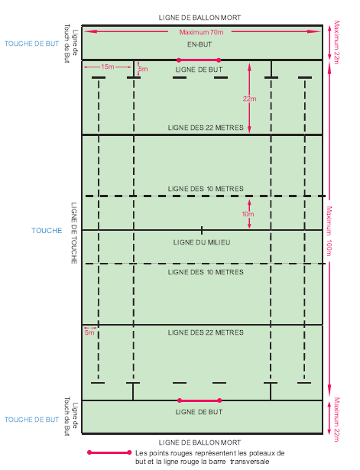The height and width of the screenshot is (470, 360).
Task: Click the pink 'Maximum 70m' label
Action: pyautogui.click(x=201, y=32)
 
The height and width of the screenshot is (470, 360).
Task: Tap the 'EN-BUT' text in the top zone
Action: pyautogui.click(x=199, y=44)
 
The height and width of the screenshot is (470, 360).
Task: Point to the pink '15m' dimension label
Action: pyautogui.click(x=107, y=66)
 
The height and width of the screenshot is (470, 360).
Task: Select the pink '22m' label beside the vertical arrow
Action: pyautogui.click(x=249, y=99)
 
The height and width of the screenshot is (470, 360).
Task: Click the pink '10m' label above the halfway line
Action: pyautogui.click(x=248, y=214)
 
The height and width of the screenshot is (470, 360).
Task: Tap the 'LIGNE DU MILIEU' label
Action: pyautogui.click(x=202, y=242)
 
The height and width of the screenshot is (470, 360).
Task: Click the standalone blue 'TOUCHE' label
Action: pyautogui.click(x=47, y=231)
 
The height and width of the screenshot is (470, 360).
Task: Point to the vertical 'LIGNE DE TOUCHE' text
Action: pyautogui.click(x=73, y=233)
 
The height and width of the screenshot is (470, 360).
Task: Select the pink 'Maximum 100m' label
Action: pyautogui.click(x=329, y=231)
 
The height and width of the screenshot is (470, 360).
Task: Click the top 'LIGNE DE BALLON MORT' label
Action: pyautogui.click(x=199, y=18)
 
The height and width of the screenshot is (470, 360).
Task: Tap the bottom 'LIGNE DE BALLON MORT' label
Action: pyautogui.click(x=199, y=442)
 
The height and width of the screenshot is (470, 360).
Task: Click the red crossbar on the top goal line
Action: pyautogui.click(x=199, y=60)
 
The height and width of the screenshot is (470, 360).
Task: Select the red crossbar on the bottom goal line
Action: pyautogui.click(x=199, y=400)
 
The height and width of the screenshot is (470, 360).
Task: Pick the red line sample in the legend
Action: pyautogui.click(x=109, y=452)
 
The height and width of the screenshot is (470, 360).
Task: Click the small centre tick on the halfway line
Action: pyautogui.click(x=202, y=230)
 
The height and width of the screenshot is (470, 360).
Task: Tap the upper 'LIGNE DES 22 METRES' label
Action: pyautogui.click(x=206, y=128)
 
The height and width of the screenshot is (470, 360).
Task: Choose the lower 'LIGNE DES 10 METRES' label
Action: pyautogui.click(x=206, y=272)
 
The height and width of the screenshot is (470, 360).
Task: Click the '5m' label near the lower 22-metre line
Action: pyautogui.click(x=89, y=332)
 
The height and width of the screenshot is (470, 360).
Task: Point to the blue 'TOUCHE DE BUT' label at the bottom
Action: pyautogui.click(x=32, y=420)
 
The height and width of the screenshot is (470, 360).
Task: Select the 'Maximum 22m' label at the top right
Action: pyautogui.click(x=336, y=42)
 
